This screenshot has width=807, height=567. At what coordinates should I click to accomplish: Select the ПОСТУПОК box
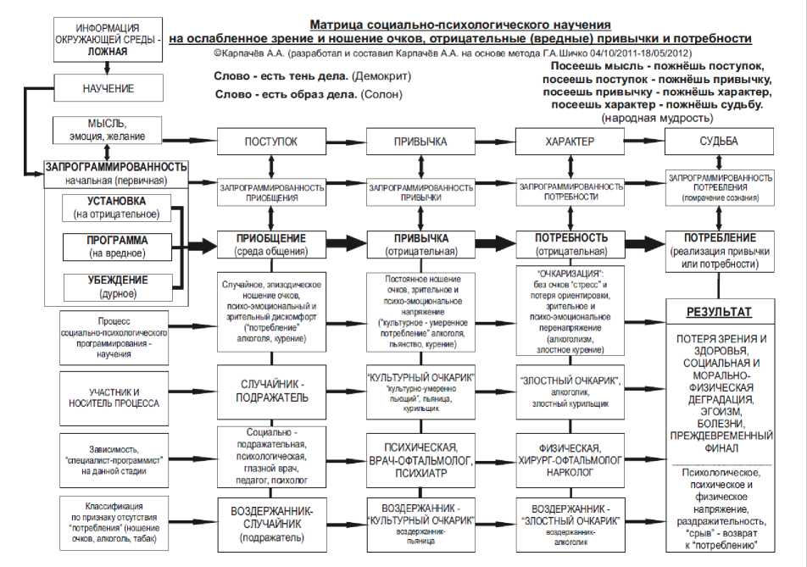tap(271, 142)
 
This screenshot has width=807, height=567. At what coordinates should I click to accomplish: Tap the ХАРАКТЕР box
tap(567, 142)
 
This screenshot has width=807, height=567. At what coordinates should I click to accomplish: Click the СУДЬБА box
tap(720, 142)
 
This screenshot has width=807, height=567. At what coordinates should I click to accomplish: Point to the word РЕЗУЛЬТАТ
tap(719, 312)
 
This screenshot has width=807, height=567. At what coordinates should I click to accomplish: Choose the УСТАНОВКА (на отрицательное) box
tap(117, 208)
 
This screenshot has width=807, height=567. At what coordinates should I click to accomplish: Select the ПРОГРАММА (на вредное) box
tap(117, 246)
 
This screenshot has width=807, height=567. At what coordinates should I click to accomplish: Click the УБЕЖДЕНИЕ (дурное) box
tap(117, 286)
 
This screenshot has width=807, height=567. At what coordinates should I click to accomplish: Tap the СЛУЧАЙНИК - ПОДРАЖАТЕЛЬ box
tap(271, 391)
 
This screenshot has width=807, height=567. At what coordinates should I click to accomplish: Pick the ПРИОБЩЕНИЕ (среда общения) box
tap(271, 244)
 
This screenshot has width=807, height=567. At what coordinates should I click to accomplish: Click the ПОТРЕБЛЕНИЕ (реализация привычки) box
tap(720, 251)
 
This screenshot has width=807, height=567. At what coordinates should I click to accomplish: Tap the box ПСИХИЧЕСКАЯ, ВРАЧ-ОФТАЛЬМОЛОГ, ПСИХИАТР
tap(419, 459)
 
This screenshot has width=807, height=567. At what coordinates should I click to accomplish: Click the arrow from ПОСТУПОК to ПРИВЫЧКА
tap(344, 142)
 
